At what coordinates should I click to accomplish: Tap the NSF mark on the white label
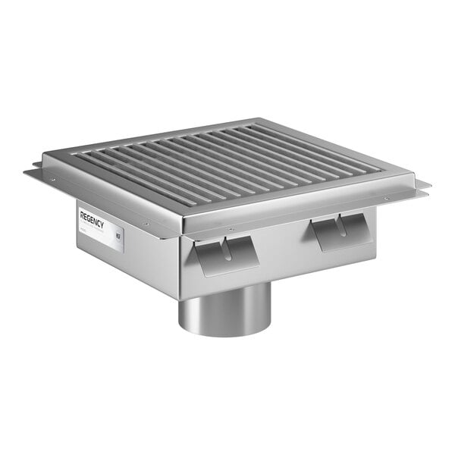pos(118,236)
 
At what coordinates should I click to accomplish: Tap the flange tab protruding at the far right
pos(422,187)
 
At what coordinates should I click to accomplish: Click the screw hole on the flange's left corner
pos(52,180)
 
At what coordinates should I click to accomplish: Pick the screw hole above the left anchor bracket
pos(231,229)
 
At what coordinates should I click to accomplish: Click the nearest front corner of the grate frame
pos(182,220)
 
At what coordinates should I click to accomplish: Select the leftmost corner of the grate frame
pos(44,158)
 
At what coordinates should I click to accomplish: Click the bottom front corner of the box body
pos(180,297)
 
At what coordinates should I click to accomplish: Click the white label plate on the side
pos(100,227)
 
